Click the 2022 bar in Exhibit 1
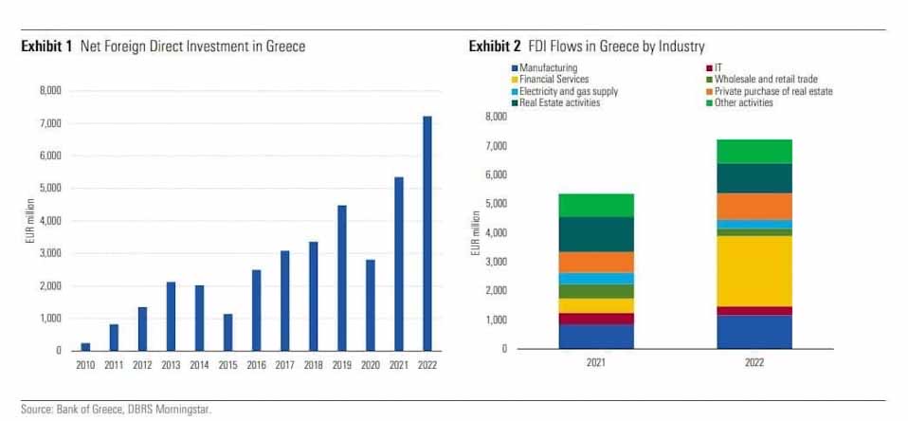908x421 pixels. click(427, 233)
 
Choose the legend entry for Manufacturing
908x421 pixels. click(549, 68)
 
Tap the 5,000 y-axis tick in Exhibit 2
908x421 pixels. click(496, 204)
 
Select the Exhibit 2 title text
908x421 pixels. click(587, 46)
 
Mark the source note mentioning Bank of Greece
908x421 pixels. click(113, 410)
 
